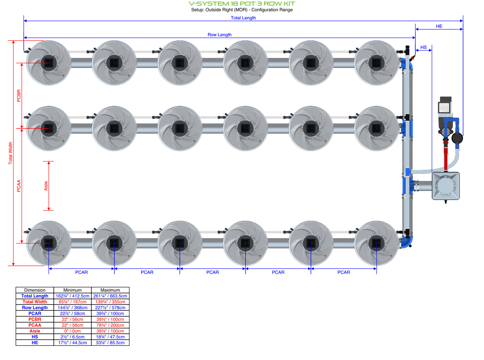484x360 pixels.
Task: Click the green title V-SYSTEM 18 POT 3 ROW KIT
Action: pos(242,4)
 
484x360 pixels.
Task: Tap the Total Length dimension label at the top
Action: pos(243,18)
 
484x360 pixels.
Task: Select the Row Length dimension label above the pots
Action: pos(219,34)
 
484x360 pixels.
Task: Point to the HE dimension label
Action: pos(439,26)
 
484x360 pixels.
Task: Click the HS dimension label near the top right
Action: pos(423,47)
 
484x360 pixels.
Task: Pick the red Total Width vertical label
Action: pos(10,153)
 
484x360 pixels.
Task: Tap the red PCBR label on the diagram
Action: pos(19,95)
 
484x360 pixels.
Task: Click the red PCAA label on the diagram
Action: pos(19,186)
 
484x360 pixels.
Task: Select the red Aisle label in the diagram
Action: pos(46,186)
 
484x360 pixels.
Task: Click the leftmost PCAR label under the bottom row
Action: pos(81,272)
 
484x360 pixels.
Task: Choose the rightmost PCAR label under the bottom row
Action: pos(344,272)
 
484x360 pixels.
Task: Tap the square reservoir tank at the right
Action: pos(445,186)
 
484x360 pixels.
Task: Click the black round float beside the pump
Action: pos(457,138)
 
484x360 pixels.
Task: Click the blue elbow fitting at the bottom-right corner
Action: pos(407,242)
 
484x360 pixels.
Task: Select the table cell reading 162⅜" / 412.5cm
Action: pos(72,296)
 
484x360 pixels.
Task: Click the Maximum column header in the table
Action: pos(110,290)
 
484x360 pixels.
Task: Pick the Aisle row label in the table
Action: pos(35,331)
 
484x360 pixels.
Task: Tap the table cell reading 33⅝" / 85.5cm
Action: pos(110,343)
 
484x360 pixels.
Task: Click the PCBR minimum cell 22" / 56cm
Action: pos(72,319)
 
